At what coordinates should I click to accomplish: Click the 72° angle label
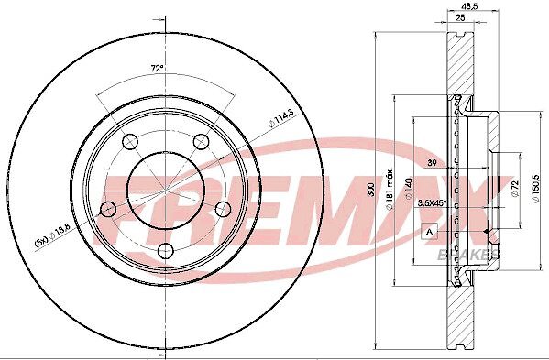click(x=158, y=68)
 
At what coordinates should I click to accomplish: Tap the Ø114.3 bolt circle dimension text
click(x=280, y=119)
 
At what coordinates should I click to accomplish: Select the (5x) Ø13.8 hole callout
click(x=52, y=235)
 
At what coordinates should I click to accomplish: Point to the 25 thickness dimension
click(x=460, y=17)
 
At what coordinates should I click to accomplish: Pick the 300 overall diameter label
click(x=371, y=190)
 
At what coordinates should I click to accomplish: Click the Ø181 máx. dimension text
click(x=389, y=190)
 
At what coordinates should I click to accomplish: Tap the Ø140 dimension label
click(x=408, y=190)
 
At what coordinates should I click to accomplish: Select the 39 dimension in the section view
click(x=432, y=163)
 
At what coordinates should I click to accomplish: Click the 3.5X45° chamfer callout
click(x=433, y=202)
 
